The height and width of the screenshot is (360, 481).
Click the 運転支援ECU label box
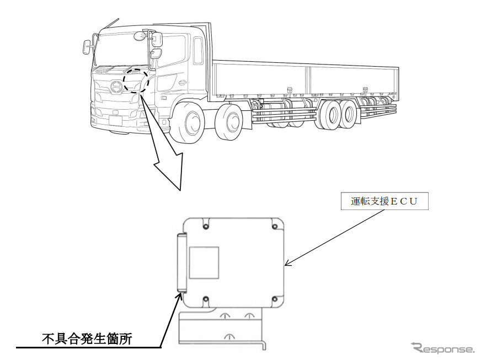point(384,203)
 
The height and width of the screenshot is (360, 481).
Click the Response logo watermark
point(442,348)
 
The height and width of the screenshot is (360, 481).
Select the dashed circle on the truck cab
point(135,82)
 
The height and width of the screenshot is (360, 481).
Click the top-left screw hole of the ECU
point(205,225)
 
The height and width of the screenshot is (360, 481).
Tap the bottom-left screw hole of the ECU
point(205,299)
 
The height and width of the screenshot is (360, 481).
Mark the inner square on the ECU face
point(204,262)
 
